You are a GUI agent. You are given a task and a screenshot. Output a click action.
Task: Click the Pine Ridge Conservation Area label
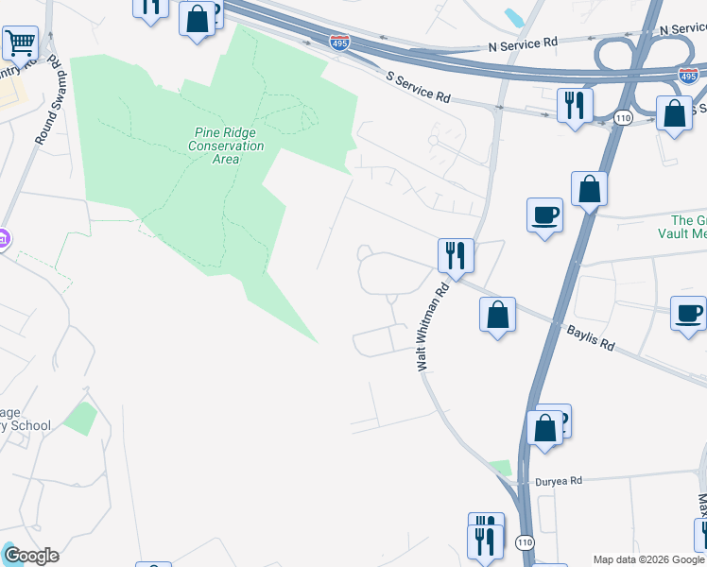[226, 146]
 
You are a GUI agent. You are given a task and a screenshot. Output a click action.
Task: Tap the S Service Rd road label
[419, 88]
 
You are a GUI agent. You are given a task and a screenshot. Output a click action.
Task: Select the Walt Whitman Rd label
[431, 330]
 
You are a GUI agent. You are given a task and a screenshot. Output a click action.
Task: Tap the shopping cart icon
[20, 43]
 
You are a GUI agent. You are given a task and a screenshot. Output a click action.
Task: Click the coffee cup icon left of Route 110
[544, 215]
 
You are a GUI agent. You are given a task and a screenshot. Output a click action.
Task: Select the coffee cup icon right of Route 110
[688, 313]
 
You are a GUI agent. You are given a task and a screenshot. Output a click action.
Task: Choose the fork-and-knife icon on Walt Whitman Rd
[456, 255]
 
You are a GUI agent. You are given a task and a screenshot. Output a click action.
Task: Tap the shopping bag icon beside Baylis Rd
[497, 315]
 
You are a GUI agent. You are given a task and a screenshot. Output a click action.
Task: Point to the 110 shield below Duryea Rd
[526, 541]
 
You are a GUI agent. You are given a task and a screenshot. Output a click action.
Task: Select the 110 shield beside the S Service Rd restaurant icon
[621, 117]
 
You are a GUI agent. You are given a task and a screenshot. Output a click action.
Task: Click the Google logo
[30, 556]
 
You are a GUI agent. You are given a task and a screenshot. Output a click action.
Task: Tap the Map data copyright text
[648, 559]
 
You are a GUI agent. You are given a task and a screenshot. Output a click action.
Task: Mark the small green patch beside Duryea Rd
[500, 468]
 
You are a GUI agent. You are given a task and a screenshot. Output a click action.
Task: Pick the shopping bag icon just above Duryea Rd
[545, 427]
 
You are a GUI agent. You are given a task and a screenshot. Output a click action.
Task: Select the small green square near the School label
[81, 418]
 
